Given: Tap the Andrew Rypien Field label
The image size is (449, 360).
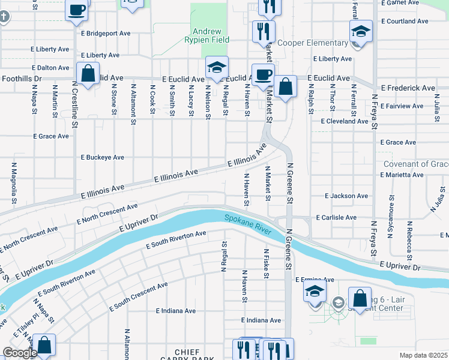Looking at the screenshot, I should point(207,36).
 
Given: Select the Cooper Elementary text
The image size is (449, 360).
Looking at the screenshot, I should point(313,43).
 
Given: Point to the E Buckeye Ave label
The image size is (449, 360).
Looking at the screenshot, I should point(103,157).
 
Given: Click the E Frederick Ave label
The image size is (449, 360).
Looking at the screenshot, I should point(403,88).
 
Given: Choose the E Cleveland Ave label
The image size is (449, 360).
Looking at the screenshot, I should point(345,121).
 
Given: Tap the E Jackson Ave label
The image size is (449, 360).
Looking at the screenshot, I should point(346,196).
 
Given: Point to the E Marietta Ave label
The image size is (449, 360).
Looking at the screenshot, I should point(402,175).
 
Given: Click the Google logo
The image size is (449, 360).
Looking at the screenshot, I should point(20,353).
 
